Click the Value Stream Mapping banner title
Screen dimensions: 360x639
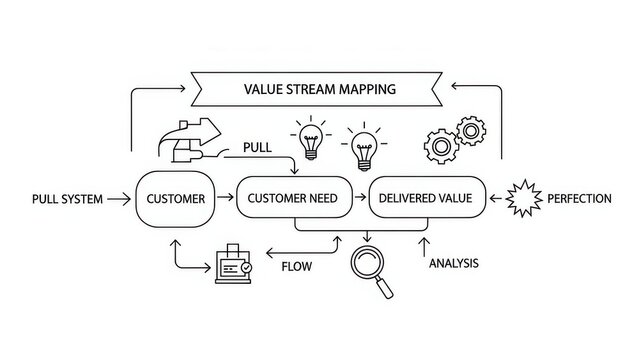pos(319,88)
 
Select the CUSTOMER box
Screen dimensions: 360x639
pos(175,198)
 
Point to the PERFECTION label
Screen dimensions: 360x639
pos(579,199)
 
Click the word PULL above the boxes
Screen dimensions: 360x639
pos(257,148)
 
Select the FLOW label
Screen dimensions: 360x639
pos(297,267)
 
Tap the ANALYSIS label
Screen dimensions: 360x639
pos(453,264)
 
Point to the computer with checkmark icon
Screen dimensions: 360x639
pos(231,262)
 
